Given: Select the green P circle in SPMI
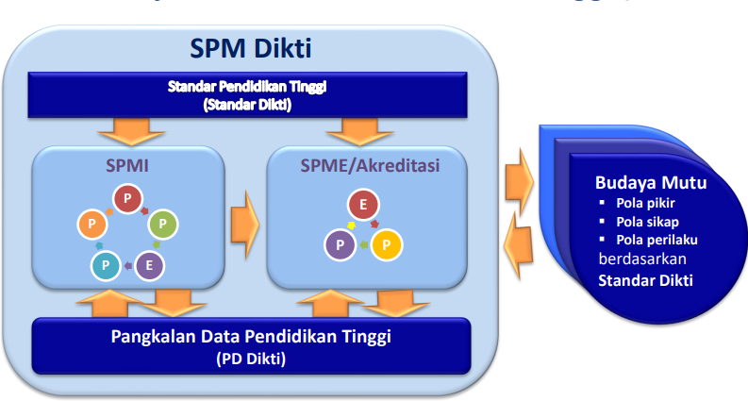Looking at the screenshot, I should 163,225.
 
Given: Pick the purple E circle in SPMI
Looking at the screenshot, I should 147,266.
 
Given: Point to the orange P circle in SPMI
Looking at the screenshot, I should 91,225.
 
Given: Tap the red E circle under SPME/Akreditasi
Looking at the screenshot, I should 363,205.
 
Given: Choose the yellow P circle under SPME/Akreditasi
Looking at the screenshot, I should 387,245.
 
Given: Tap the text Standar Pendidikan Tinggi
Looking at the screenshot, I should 247,87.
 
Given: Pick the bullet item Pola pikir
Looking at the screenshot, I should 646,203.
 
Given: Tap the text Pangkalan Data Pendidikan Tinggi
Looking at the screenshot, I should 250,336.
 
